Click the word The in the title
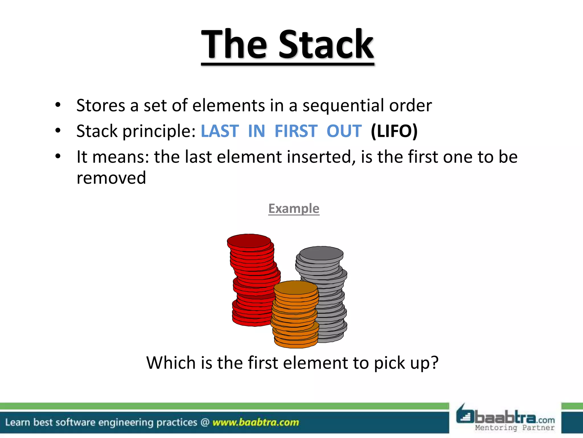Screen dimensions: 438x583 (x=234, y=45)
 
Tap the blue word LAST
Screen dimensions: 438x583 (x=220, y=131)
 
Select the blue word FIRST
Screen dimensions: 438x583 (x=296, y=131)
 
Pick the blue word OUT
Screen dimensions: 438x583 (x=344, y=131)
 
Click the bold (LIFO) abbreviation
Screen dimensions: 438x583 (x=394, y=131)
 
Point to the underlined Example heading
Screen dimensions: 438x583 (x=294, y=209)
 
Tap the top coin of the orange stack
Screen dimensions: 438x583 (x=295, y=287)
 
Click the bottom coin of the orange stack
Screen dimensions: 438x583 (x=296, y=343)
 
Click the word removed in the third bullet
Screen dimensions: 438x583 (x=111, y=178)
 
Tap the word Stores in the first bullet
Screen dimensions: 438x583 (x=101, y=106)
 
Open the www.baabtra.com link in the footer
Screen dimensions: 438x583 (x=256, y=422)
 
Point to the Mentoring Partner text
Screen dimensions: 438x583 (x=515, y=428)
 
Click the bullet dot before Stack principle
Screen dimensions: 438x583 (x=58, y=131)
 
